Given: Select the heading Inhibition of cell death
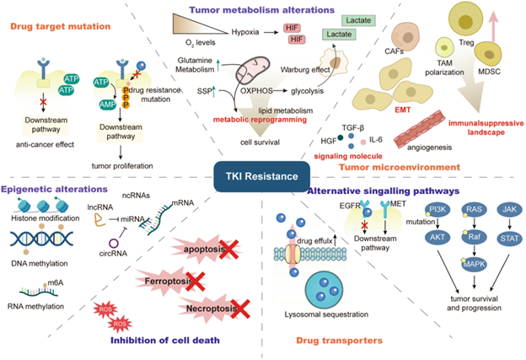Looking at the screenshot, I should tap(165, 340).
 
